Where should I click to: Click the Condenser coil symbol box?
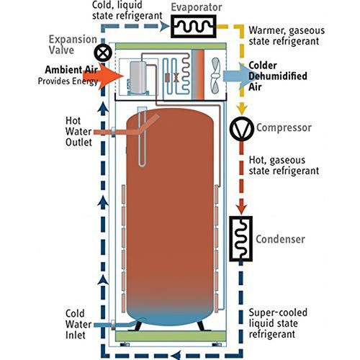point(240,238)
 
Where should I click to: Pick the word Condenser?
point(283,239)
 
